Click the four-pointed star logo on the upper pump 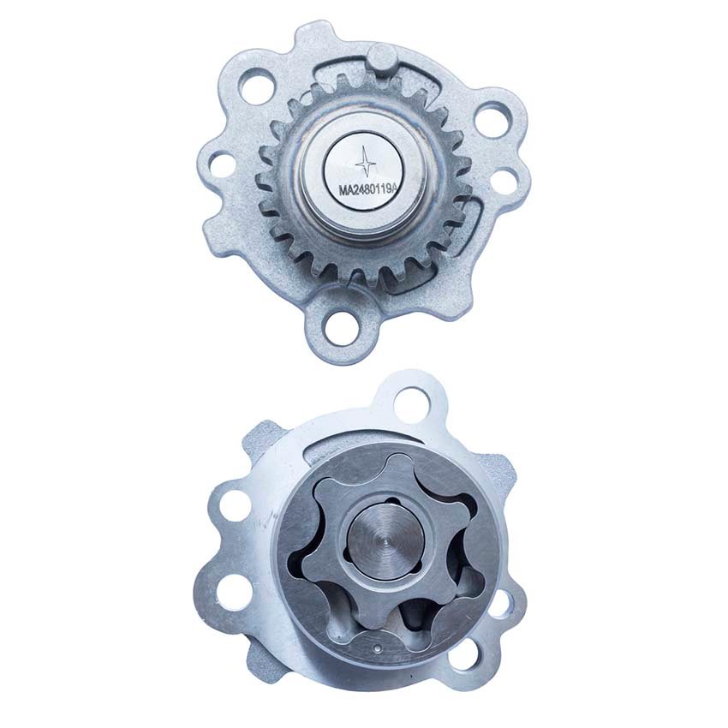pos(366,161)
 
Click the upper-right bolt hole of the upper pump pos(492,119)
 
